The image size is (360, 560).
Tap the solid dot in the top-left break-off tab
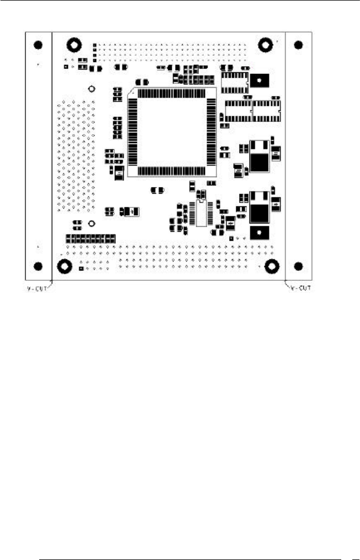(x=38, y=45)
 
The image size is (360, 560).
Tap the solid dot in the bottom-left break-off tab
(x=38, y=266)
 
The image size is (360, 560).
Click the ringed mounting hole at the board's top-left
(x=72, y=45)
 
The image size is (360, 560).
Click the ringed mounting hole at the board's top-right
(x=266, y=44)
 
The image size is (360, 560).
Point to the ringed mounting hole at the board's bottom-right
(x=271, y=266)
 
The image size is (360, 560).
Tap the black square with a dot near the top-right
(x=259, y=81)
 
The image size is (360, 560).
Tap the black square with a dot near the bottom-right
(x=259, y=232)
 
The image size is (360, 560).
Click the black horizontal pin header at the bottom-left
(x=91, y=239)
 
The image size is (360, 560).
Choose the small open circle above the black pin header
(x=92, y=223)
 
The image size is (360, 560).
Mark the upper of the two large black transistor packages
(x=259, y=156)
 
